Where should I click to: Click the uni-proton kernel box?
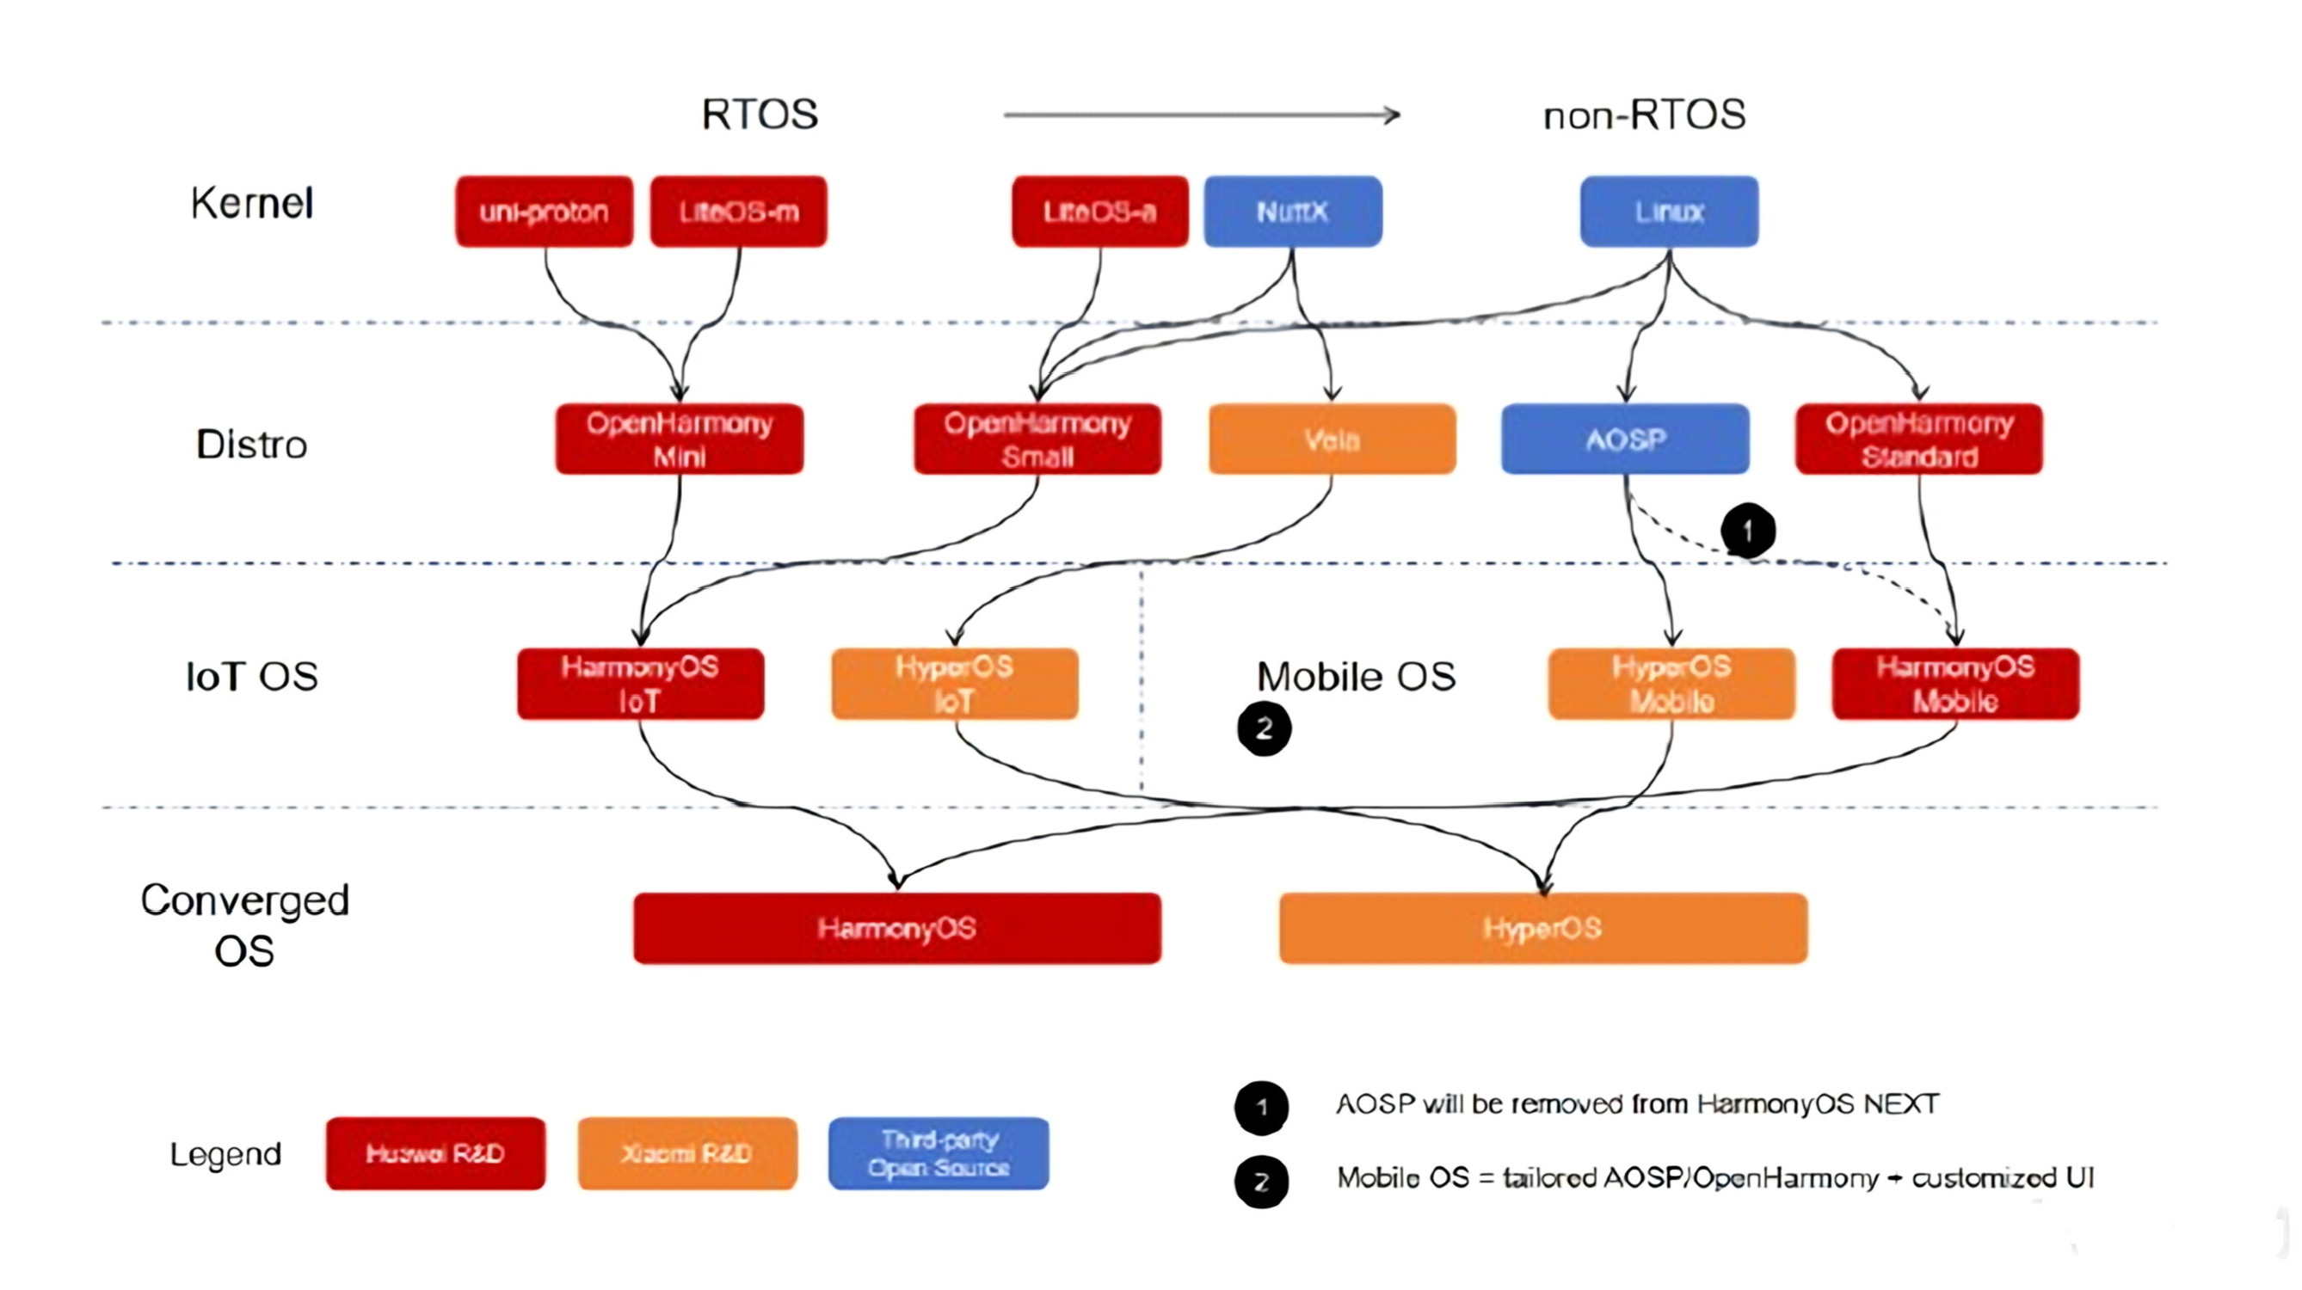pyautogui.click(x=544, y=212)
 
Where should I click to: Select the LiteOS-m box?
pyautogui.click(x=738, y=212)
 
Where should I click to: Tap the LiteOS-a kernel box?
pyautogui.click(x=1100, y=212)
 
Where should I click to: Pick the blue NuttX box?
pyautogui.click(x=1292, y=212)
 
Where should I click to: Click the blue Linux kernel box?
pyautogui.click(x=1668, y=212)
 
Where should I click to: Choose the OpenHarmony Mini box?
pyautogui.click(x=680, y=439)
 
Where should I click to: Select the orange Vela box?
pyautogui.click(x=1332, y=439)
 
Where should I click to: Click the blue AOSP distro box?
pyautogui.click(x=1625, y=439)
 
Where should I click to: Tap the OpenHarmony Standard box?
pyautogui.click(x=1918, y=439)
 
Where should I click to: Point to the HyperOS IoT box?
pyautogui.click(x=954, y=684)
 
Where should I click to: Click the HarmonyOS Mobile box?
pyautogui.click(x=1955, y=684)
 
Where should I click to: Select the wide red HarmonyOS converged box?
pyautogui.click(x=897, y=928)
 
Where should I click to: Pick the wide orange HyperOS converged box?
pyautogui.click(x=1542, y=928)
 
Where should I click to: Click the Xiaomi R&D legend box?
pyautogui.click(x=686, y=1153)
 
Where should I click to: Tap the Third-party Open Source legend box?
pyautogui.click(x=939, y=1153)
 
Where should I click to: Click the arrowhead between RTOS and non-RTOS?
pyautogui.click(x=1390, y=115)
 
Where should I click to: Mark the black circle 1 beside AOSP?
pyautogui.click(x=1748, y=531)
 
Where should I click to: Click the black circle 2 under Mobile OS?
pyautogui.click(x=1264, y=729)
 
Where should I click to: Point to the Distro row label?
pyautogui.click(x=251, y=444)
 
